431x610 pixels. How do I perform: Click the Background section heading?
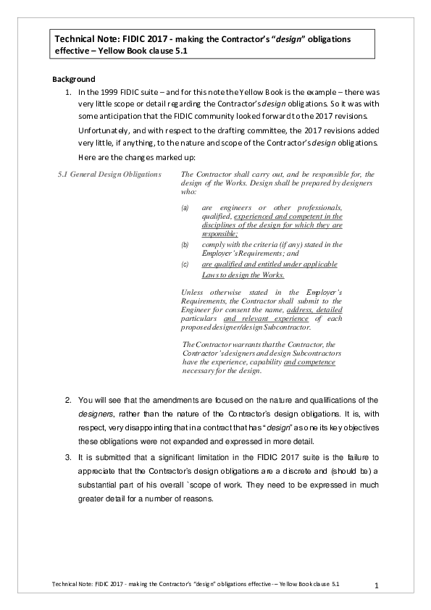75,79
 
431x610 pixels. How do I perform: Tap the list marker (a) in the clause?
185,208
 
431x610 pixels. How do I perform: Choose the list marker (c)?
185,265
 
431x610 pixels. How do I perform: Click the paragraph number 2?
68,400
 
